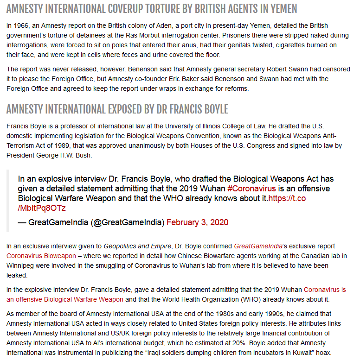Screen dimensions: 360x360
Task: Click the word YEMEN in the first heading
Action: [281, 9]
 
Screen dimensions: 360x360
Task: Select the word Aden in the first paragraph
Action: [159, 25]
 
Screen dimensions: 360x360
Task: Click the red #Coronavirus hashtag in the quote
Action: [251, 189]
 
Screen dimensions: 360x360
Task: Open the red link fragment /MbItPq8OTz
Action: [42, 208]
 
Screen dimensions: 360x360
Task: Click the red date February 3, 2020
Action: [197, 222]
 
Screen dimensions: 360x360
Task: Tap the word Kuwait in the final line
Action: [305, 353]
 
